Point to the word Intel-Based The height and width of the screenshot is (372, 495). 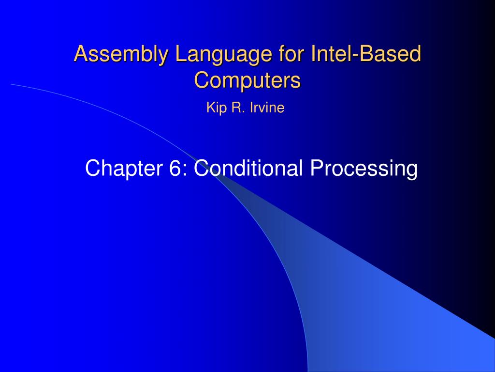(x=366, y=53)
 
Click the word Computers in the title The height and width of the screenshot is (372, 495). (x=247, y=80)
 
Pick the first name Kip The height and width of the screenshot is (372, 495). (x=217, y=108)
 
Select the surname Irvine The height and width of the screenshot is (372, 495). (x=267, y=108)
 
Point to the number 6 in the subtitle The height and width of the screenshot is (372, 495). (x=175, y=168)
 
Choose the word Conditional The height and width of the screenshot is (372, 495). (x=248, y=168)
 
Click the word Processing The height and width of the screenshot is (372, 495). (x=364, y=168)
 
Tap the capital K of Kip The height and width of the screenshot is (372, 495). (x=211, y=108)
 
